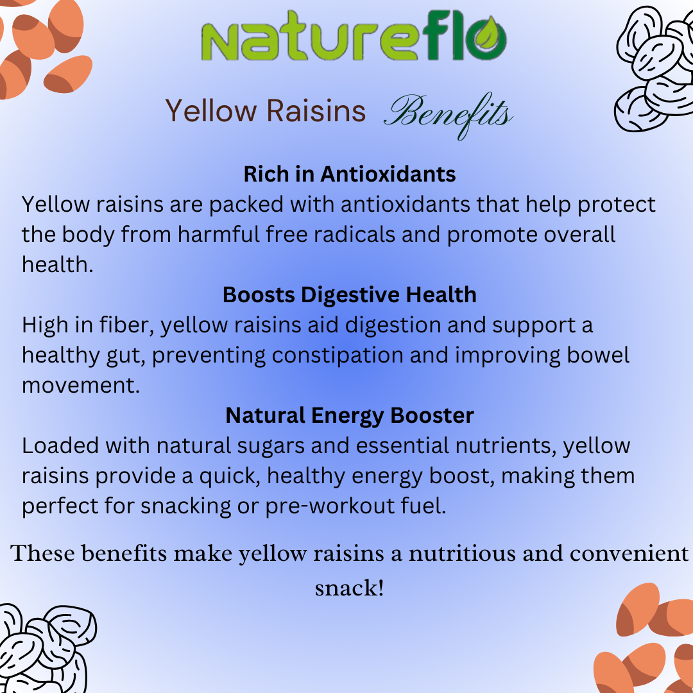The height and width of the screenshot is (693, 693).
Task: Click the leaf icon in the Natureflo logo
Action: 486,38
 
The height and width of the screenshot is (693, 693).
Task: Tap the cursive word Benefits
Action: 448,115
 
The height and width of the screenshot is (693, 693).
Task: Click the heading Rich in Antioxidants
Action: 350,174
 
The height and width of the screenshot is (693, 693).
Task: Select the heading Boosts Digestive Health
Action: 350,295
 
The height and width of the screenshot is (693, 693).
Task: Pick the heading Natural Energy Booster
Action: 350,416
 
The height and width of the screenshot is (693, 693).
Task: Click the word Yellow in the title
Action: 211,110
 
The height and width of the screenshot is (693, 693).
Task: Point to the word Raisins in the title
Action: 316,110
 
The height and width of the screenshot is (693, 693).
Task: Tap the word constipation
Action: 338,355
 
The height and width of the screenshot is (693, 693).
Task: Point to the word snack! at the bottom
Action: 349,588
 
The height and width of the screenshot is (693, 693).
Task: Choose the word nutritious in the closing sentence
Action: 462,553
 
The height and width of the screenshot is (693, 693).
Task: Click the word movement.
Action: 81,386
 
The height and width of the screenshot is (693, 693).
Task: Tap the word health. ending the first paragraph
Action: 58,264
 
